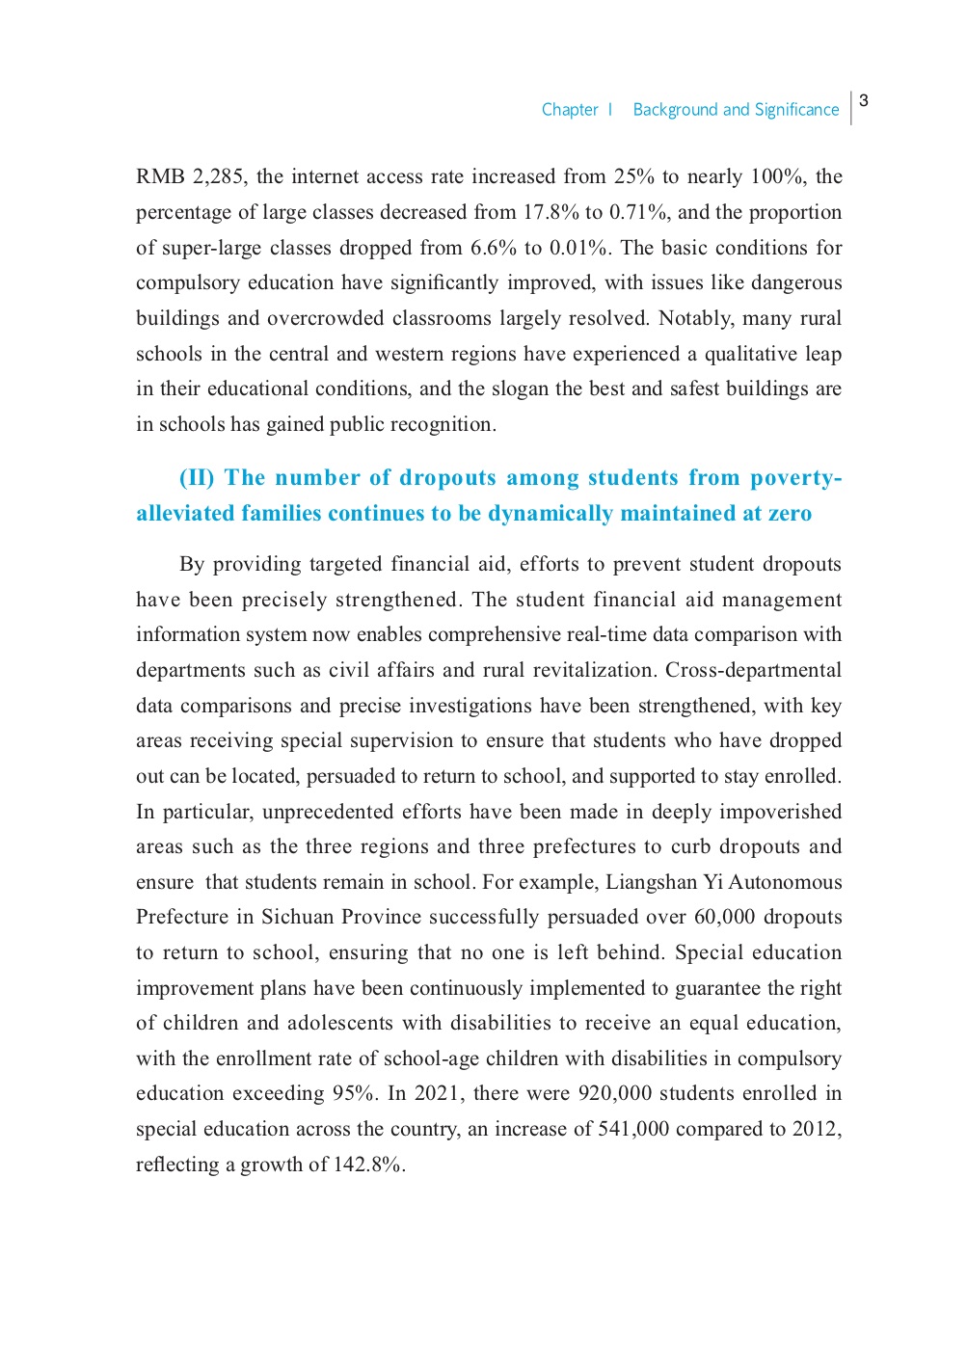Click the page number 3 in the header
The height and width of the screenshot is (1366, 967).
pos(864,100)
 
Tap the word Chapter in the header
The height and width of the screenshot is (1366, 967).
pos(570,110)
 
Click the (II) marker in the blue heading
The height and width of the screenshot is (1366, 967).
pos(197,478)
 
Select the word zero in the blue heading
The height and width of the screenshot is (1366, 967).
pos(790,513)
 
